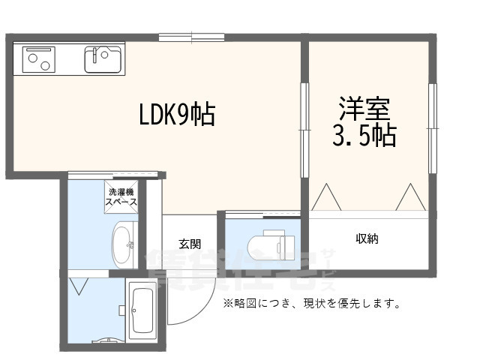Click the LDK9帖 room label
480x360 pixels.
177,115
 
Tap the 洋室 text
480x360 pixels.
363,109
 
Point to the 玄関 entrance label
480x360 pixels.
189,244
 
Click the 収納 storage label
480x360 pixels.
367,239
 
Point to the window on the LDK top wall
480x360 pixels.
191,36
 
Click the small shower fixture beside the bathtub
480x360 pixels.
121,309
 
